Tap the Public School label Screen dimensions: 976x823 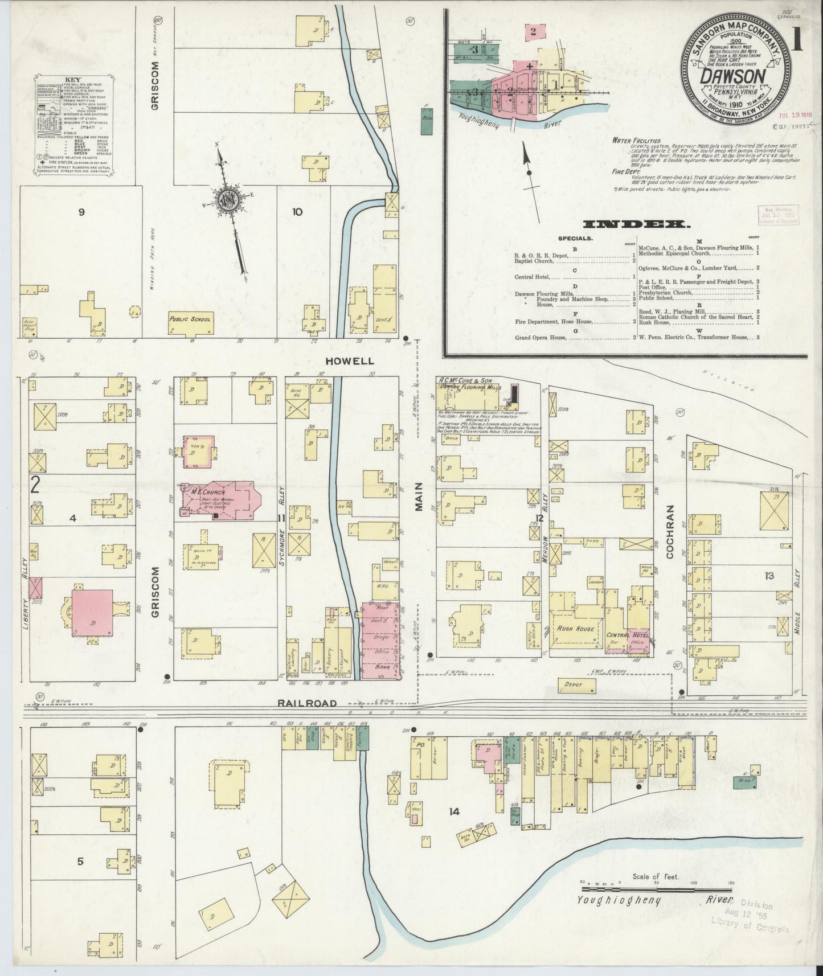[190, 319]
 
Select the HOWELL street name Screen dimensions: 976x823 [358, 361]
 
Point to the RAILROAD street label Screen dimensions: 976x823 [301, 703]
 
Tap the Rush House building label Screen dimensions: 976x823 [576, 629]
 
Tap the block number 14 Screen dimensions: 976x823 [453, 811]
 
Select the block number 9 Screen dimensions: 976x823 [81, 212]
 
